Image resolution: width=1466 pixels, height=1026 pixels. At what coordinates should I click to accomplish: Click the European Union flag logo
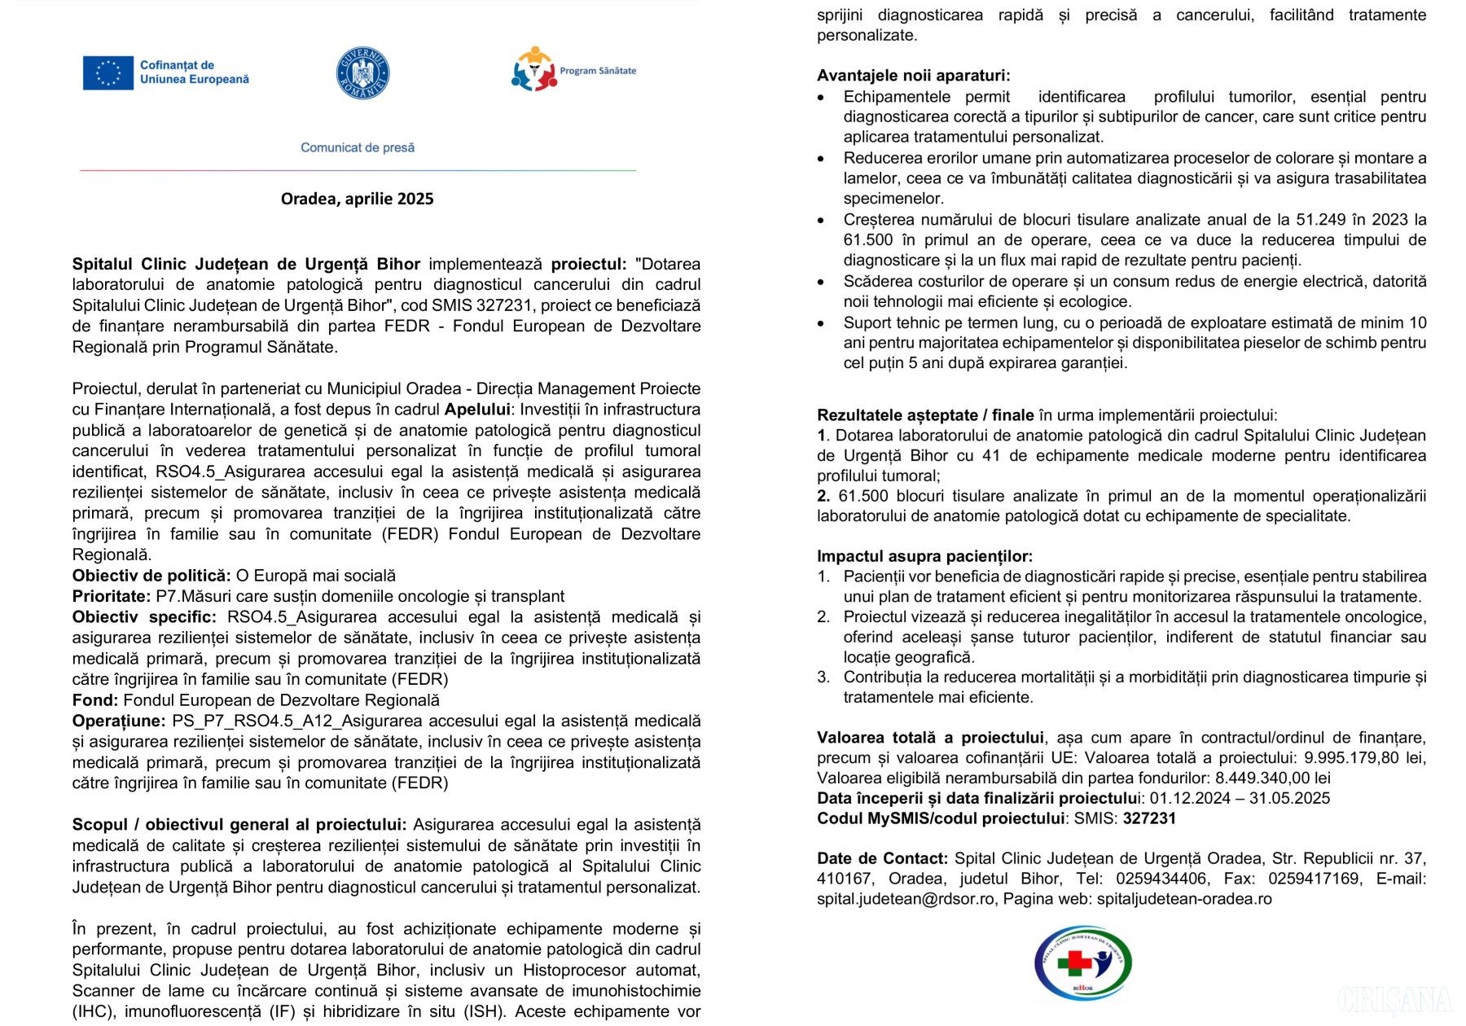[108, 72]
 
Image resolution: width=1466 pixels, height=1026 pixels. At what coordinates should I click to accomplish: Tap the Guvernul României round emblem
[362, 72]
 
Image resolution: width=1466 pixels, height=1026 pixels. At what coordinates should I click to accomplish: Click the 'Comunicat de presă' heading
[358, 147]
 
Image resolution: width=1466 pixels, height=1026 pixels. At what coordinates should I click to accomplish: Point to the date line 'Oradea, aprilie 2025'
[357, 199]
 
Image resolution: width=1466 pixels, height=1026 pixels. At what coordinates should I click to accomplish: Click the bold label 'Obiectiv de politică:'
[151, 576]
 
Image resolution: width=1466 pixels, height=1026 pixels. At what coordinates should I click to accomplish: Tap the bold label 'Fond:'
[95, 700]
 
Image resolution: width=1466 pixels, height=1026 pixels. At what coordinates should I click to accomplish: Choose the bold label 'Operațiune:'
[119, 721]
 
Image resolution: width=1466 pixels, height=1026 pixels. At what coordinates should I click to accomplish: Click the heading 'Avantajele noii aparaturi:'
[913, 76]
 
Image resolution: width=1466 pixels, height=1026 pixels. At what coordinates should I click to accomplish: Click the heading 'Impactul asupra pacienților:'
[924, 556]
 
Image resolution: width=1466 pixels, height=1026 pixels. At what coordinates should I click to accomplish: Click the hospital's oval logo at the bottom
[1082, 963]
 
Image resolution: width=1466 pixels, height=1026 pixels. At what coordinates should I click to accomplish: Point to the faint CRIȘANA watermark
[1394, 1001]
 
